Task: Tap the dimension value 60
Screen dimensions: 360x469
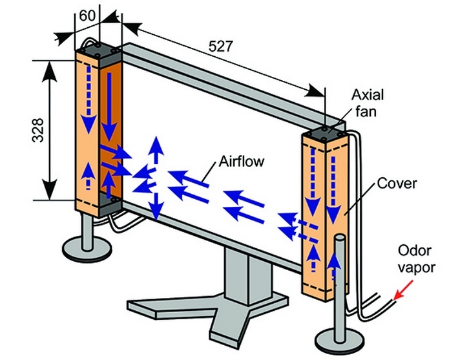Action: click(84, 14)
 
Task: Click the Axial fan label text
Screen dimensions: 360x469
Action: click(367, 103)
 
